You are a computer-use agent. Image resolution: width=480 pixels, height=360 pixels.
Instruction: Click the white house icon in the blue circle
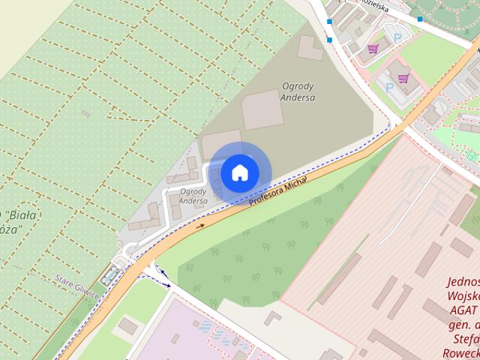click(239, 172)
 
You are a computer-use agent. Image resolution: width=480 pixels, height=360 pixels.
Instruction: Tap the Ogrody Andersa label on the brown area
click(298, 91)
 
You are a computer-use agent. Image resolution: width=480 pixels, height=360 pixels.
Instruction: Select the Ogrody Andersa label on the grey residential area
click(193, 196)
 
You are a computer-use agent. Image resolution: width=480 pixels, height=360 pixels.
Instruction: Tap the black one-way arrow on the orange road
click(200, 224)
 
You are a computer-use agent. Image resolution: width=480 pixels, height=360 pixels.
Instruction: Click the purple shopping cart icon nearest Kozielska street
click(373, 49)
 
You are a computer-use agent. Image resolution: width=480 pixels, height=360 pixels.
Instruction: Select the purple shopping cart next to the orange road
click(403, 78)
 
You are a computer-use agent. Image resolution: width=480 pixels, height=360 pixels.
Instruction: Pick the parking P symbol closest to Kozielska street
click(398, 37)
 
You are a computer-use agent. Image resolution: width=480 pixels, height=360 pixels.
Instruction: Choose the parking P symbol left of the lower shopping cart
click(389, 87)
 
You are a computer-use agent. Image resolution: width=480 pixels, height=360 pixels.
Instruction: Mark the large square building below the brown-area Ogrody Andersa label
click(262, 109)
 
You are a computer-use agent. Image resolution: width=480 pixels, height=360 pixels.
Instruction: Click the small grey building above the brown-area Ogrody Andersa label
click(310, 47)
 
